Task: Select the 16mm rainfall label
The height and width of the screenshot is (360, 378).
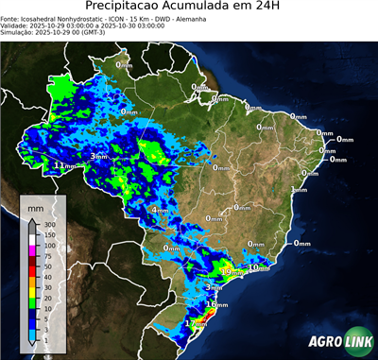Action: click(x=216, y=305)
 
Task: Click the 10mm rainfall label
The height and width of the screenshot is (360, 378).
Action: click(x=258, y=267)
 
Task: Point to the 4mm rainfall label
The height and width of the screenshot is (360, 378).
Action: click(x=160, y=210)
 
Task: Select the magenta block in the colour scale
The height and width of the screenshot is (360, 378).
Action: click(x=32, y=250)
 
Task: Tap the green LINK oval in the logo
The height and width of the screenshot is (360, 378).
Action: click(x=357, y=343)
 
